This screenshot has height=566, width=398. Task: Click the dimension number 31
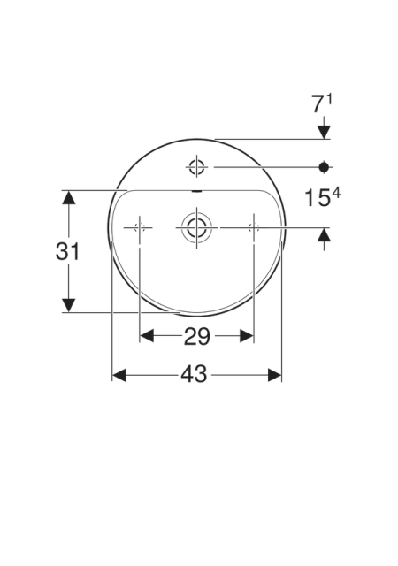coord(67,251)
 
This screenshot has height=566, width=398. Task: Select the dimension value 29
coord(197,337)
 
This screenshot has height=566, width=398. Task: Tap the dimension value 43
coord(194,374)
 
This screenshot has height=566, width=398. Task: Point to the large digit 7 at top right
coord(318,104)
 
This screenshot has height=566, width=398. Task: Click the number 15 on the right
coord(318,198)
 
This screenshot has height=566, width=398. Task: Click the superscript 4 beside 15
coord(336,195)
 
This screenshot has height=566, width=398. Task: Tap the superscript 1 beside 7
coord(329,99)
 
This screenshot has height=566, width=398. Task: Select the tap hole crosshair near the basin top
coord(197,167)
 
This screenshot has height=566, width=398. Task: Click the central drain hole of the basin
coord(197,228)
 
